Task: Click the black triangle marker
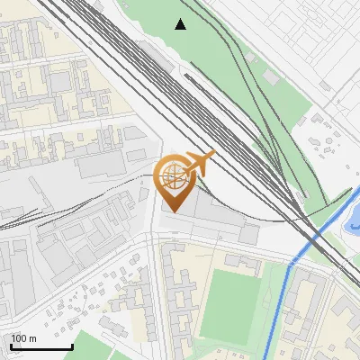(x=181, y=24)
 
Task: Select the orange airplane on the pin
(x=199, y=163)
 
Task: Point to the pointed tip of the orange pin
(x=173, y=211)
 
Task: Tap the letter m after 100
(x=33, y=338)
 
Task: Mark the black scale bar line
(x=40, y=347)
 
